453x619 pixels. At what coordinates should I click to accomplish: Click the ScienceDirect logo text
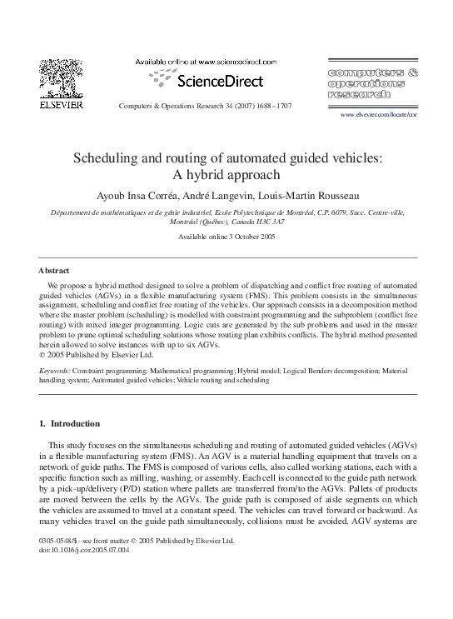point(218,81)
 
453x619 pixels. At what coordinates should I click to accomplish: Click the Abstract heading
point(54,271)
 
